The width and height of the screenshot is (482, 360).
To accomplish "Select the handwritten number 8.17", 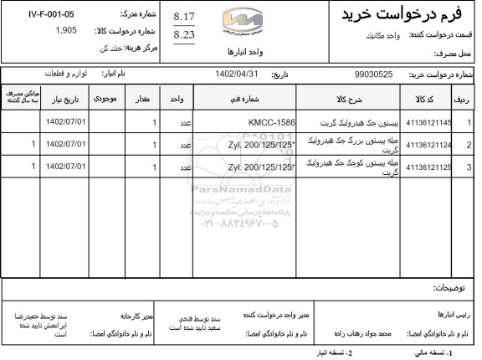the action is (x=183, y=17).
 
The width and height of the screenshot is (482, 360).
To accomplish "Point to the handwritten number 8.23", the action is (x=183, y=35).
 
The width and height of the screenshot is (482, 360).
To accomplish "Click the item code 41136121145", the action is (x=428, y=122).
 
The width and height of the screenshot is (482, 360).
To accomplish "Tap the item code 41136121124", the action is (x=428, y=144).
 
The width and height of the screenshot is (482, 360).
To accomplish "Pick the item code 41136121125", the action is (x=428, y=166).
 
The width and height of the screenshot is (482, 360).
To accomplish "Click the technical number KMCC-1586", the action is (x=273, y=122).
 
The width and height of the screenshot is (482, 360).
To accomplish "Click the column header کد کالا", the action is (x=428, y=99).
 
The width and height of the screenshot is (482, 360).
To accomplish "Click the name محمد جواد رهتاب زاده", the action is (x=363, y=333).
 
